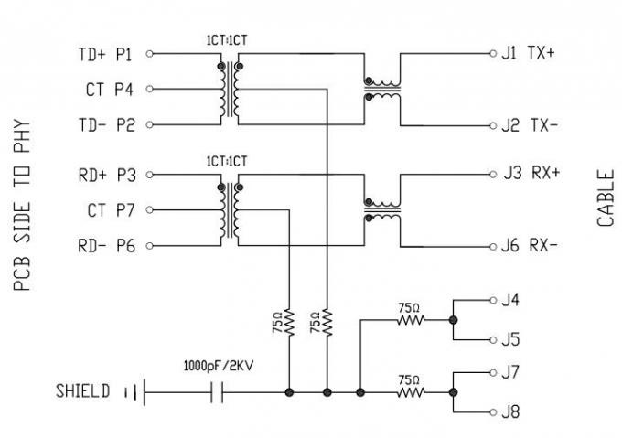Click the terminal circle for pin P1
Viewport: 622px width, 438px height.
pos(149,54)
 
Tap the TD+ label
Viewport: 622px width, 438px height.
pos(92,54)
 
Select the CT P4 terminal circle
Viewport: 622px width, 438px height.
pos(149,89)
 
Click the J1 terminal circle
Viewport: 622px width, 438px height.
pos(493,54)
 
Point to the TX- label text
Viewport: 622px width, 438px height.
pos(544,125)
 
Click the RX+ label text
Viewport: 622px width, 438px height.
pos(545,173)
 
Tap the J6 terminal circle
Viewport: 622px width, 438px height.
pos(493,247)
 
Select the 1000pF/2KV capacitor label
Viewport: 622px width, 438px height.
pos(219,366)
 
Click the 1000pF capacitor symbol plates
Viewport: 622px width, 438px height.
pos(217,392)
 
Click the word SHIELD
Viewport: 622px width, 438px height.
pos(82,391)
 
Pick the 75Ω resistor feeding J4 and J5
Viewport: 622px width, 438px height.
pos(411,319)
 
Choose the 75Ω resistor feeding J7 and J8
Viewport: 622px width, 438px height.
pos(411,392)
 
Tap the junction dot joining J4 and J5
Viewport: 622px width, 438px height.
pos(453,320)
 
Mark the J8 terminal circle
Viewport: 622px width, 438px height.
pos(493,412)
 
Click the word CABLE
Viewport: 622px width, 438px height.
pos(606,198)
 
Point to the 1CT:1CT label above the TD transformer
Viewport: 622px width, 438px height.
pos(227,40)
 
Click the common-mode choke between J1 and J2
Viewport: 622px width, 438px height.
pos(382,90)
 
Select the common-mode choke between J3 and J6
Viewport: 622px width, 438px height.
pos(382,210)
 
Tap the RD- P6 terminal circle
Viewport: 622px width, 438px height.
pos(149,246)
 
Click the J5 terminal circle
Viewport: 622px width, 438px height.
pos(493,340)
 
